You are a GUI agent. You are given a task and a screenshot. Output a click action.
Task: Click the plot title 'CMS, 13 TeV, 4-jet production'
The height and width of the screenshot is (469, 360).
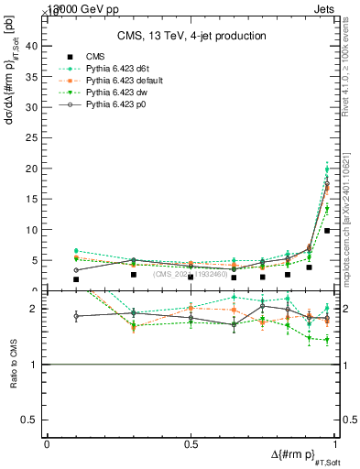tap(191, 36)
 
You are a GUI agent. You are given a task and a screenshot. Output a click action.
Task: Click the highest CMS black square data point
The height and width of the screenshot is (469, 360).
tap(327, 231)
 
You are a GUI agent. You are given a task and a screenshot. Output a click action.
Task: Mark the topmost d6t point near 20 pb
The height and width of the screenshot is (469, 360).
tap(327, 169)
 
